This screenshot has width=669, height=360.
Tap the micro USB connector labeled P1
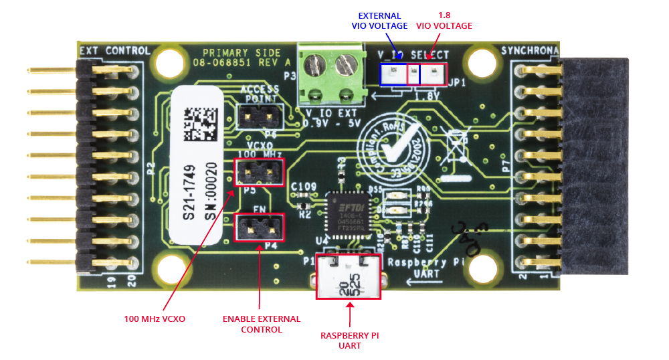[x=348, y=276]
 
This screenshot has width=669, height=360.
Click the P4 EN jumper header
[x=260, y=228]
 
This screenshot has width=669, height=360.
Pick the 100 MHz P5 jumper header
[x=260, y=173]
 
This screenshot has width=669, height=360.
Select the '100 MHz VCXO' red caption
[x=155, y=319]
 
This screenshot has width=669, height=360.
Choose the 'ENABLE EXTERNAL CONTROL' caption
[x=262, y=324]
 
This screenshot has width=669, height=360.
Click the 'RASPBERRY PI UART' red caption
[x=349, y=340]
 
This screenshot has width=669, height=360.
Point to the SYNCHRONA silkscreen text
[x=529, y=51]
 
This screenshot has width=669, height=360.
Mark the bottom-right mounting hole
[x=485, y=270]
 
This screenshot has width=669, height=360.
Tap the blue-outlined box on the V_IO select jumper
[x=399, y=74]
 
